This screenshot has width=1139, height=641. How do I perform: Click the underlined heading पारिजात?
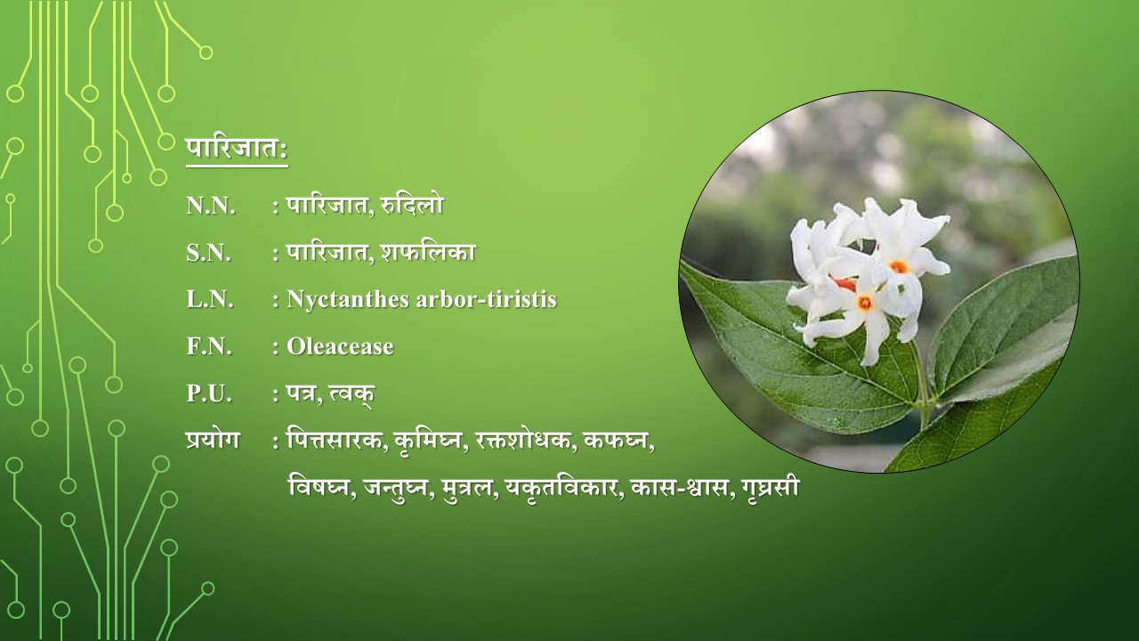coord(237,150)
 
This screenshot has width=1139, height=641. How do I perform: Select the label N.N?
coord(211,206)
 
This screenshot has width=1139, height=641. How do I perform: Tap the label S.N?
coord(208,253)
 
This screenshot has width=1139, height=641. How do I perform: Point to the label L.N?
coord(210,300)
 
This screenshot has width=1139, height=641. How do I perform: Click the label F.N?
coord(209,346)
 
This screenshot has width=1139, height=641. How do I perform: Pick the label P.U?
coord(209,394)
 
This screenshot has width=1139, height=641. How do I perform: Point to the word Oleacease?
coord(340,346)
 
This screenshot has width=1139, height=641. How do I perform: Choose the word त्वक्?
coord(351,394)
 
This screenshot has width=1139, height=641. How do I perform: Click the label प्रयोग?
coord(213,440)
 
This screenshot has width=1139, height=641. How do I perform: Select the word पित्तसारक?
coord(335,441)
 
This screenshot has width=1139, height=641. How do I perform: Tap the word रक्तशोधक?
coord(522,441)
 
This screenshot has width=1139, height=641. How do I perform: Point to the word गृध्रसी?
coord(771,487)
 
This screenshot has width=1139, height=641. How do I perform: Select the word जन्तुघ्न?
coord(394,488)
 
